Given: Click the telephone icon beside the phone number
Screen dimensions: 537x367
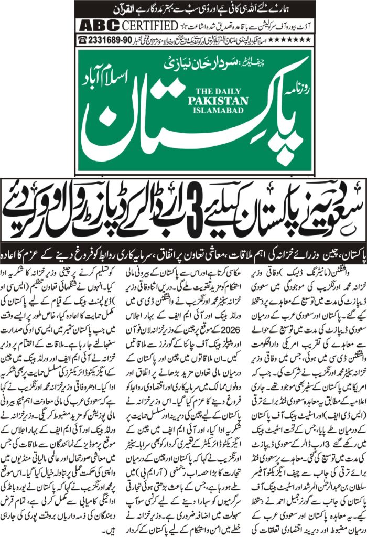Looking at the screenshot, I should pyautogui.click(x=82, y=39).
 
